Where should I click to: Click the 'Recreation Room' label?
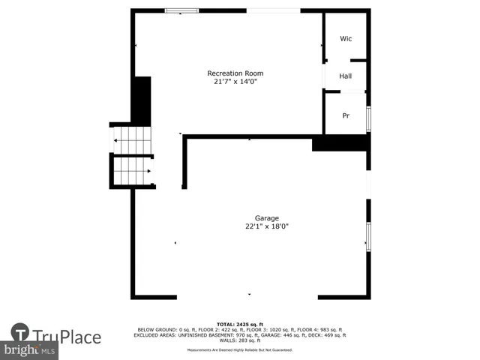235,73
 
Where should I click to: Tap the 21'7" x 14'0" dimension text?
235,82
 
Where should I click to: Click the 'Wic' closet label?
346,38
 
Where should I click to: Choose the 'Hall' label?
346,76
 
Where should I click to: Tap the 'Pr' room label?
346,115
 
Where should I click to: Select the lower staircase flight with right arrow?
133,171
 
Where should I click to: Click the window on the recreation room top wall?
182,10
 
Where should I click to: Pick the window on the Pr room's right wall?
368,118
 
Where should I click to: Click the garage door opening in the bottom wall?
247,297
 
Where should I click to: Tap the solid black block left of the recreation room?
141,100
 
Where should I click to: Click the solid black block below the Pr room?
340,142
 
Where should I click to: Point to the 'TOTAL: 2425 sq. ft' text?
240,324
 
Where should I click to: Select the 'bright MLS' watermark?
30,350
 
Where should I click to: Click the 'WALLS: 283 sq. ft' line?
240,340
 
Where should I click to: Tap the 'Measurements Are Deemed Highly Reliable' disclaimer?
240,349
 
